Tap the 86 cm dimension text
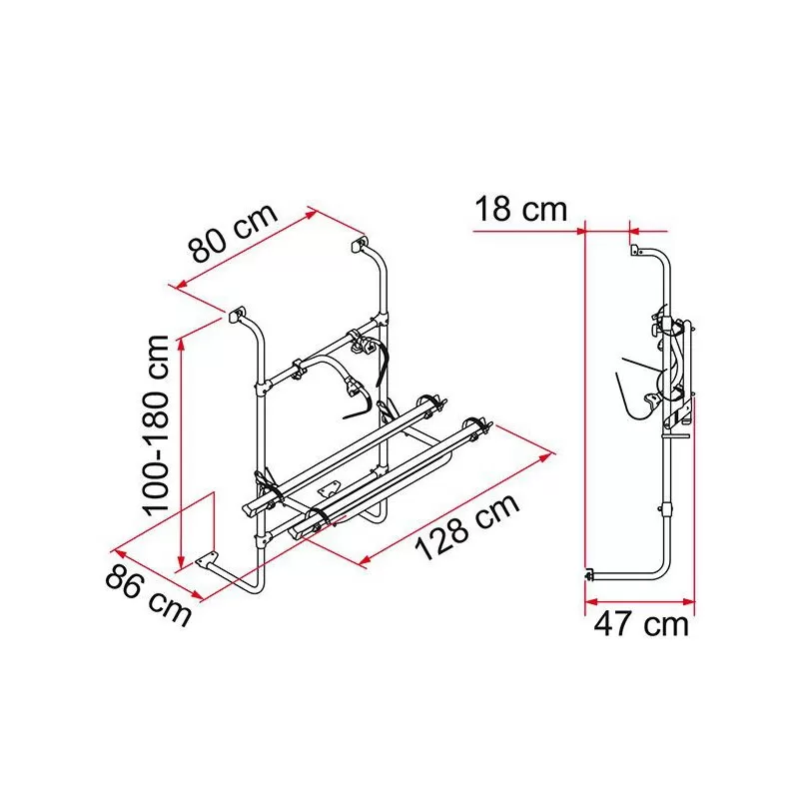[x=148, y=595]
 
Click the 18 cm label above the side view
[x=520, y=211]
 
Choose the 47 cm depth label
[x=641, y=625]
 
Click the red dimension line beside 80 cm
[x=245, y=250]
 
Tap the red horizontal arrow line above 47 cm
[x=639, y=601]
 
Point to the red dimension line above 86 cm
[x=160, y=573]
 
